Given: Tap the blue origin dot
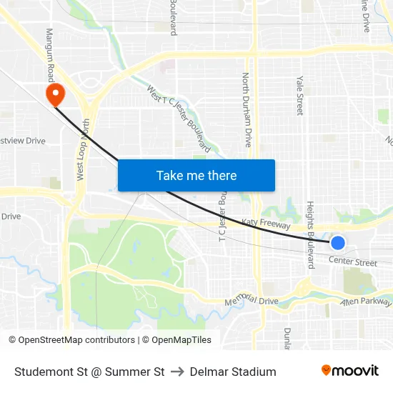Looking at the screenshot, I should pos(338,243).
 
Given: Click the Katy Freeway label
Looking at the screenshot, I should pos(266,224).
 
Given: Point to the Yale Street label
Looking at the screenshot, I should pos(299,96).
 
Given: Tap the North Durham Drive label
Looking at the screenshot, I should pos(247,109).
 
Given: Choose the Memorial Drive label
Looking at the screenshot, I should pos(251,302).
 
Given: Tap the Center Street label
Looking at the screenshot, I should pos(353,263).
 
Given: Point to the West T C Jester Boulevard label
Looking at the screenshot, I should pos(179,119).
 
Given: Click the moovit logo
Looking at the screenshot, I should pos(350,371).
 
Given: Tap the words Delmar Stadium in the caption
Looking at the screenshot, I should pos(233,372).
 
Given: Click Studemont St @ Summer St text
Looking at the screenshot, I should pos(89,372).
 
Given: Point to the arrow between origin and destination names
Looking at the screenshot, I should pos(177,372).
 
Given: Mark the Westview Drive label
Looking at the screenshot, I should pos(23,141).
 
